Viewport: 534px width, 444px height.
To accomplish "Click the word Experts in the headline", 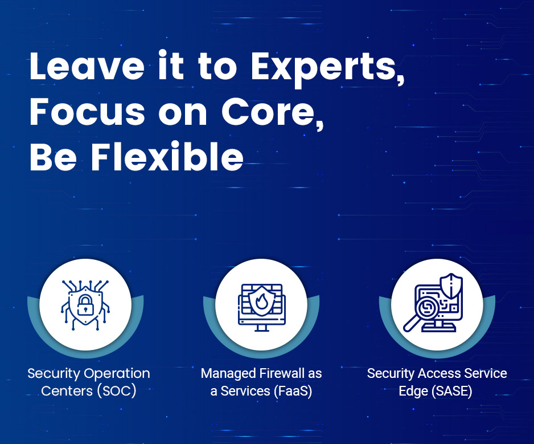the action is [x=327, y=68].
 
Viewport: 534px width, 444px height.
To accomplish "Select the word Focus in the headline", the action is [x=88, y=112].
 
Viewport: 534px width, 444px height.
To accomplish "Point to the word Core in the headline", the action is [x=273, y=112].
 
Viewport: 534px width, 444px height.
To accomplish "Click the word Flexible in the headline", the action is [x=167, y=157].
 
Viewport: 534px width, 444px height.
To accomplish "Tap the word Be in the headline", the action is [x=53, y=157].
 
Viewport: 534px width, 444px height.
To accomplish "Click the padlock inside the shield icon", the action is [x=85, y=305].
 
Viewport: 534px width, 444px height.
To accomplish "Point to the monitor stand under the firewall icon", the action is [x=261, y=328].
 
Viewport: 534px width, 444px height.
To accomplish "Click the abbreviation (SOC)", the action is [x=117, y=391].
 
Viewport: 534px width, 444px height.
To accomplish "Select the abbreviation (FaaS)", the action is [x=293, y=391].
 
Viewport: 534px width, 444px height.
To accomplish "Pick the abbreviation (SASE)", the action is [x=452, y=391].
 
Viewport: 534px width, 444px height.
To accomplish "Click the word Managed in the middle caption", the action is [x=228, y=374].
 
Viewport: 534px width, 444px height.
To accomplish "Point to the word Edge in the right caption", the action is [x=413, y=392].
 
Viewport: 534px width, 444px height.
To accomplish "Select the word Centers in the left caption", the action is [x=67, y=391].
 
